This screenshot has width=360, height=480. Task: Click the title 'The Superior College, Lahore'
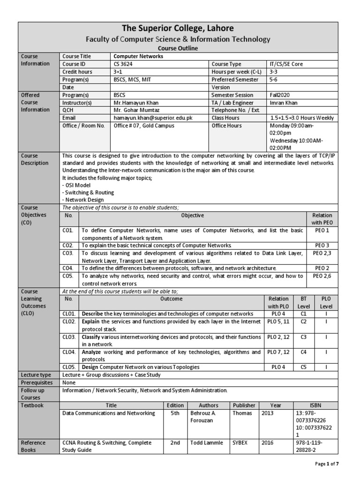pos(177,29)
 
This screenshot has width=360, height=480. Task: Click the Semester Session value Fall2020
pos(280,95)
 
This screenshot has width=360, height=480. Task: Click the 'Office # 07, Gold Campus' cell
pos(144,126)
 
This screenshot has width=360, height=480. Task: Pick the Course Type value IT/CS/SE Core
pos(286,64)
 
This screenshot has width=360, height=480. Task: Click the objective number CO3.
pos(68,253)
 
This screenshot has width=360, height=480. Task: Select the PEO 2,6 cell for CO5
pos(322,276)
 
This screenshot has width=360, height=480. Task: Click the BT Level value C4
pos(303,352)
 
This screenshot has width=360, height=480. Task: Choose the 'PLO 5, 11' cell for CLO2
pos(278,322)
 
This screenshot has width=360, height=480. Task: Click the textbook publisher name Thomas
pos(242,413)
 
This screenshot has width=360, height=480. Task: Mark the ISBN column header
pos(315,405)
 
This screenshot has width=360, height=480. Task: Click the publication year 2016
pos(267,442)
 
